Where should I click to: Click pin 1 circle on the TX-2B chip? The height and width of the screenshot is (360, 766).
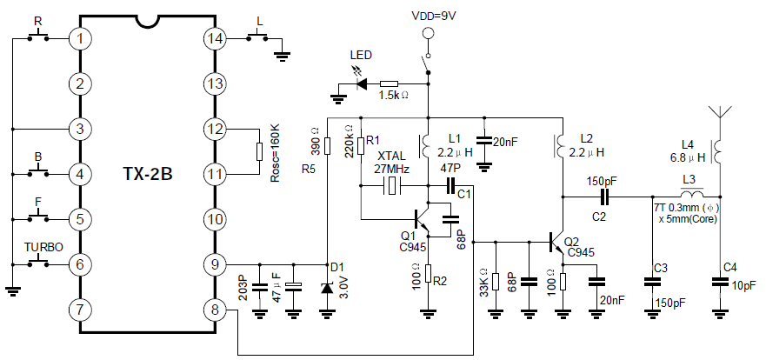click(x=80, y=38)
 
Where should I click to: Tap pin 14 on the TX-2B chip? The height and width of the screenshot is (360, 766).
click(x=214, y=38)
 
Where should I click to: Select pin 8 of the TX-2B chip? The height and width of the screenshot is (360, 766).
click(x=214, y=309)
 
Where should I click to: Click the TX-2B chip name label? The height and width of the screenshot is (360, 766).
click(x=147, y=173)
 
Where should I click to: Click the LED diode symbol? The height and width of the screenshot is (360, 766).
click(x=361, y=84)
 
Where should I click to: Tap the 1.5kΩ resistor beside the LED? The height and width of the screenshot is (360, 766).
click(x=389, y=84)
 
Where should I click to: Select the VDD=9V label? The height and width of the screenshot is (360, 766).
click(x=427, y=15)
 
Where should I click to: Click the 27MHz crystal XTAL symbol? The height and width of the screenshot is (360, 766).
click(x=394, y=185)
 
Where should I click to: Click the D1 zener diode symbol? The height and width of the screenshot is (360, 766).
click(x=328, y=288)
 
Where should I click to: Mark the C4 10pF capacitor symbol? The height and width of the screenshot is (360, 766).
click(x=719, y=281)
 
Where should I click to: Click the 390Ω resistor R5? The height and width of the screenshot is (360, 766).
click(x=327, y=143)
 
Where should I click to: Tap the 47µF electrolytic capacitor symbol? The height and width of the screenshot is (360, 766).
click(x=294, y=287)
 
